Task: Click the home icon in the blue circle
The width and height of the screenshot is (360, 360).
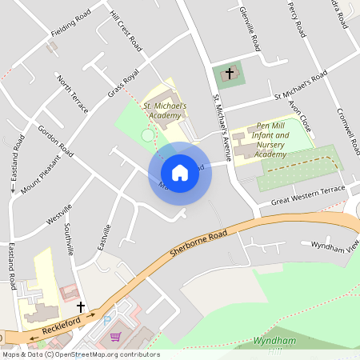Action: click(180, 172)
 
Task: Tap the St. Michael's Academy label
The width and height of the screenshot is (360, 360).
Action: click(164, 110)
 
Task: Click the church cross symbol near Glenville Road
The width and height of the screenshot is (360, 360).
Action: click(230, 74)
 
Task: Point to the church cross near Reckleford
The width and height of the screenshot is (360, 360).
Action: click(80, 306)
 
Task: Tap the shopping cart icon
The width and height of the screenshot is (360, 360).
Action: click(116, 338)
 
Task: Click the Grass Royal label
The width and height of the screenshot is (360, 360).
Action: click(124, 83)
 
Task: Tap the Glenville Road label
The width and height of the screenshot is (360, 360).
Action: click(250, 28)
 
